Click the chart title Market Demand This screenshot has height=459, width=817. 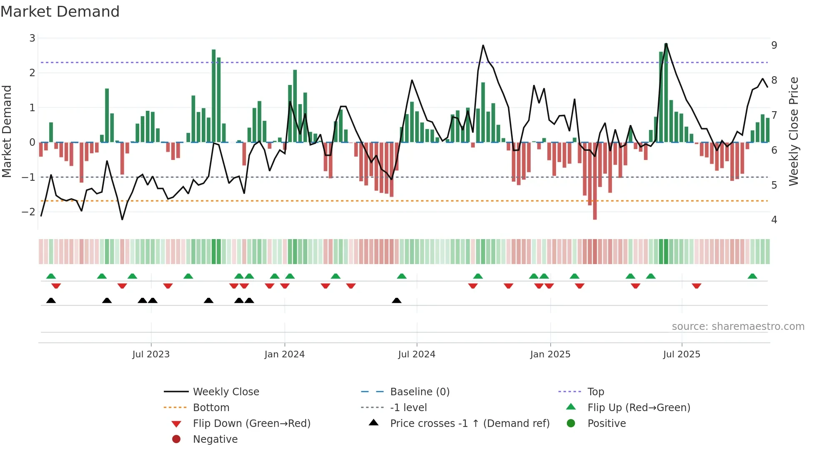[x=60, y=12]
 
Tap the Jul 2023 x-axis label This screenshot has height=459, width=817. [x=151, y=354]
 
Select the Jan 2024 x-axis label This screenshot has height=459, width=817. [x=284, y=354]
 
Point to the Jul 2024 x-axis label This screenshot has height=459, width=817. [x=416, y=354]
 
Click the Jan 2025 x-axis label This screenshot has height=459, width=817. [x=550, y=354]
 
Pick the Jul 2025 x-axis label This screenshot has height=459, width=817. [x=682, y=354]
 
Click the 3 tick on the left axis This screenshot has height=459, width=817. [x=32, y=38]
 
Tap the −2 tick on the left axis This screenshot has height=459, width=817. [x=29, y=212]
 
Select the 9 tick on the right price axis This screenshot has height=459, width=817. [x=774, y=45]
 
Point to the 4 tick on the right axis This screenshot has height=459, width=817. [x=774, y=220]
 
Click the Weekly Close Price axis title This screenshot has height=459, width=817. [x=794, y=131]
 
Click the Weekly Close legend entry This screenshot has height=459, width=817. [x=226, y=392]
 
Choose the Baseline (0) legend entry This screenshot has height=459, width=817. [x=419, y=392]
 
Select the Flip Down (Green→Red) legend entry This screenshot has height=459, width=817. [x=251, y=424]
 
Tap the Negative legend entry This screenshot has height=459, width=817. [x=215, y=439]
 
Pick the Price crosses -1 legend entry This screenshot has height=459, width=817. [x=469, y=424]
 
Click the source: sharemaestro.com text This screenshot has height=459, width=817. [x=738, y=327]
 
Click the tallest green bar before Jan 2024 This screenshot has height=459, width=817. [x=214, y=96]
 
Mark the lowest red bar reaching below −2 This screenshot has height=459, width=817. [x=595, y=181]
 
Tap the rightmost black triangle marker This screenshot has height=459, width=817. [x=397, y=301]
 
